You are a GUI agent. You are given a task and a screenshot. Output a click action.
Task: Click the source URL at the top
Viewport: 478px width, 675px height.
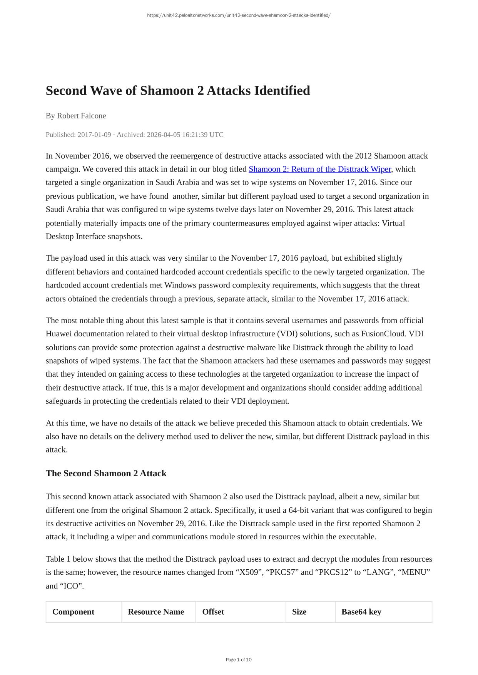pos(239,15)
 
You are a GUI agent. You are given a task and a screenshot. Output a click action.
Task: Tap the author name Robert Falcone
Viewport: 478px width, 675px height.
pos(81,116)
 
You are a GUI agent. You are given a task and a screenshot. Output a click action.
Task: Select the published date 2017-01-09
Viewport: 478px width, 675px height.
pos(94,135)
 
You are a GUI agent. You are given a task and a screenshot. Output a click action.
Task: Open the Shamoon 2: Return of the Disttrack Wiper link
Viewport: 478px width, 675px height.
pos(319,169)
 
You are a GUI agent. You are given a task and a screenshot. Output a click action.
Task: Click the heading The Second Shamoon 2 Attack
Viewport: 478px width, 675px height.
pos(106,473)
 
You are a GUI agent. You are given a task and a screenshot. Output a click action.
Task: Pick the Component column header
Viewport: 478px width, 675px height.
pos(73,612)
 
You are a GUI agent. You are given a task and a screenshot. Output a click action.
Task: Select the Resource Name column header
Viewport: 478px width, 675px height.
pos(156,612)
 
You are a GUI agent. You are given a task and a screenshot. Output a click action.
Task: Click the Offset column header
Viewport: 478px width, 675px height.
pos(213,612)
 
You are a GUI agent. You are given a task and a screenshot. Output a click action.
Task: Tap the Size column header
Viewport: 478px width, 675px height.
pos(299,612)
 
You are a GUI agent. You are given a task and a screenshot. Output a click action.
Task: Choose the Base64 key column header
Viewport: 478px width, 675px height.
pos(361,612)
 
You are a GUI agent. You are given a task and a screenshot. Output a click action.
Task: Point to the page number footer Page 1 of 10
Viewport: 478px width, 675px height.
pos(239,660)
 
